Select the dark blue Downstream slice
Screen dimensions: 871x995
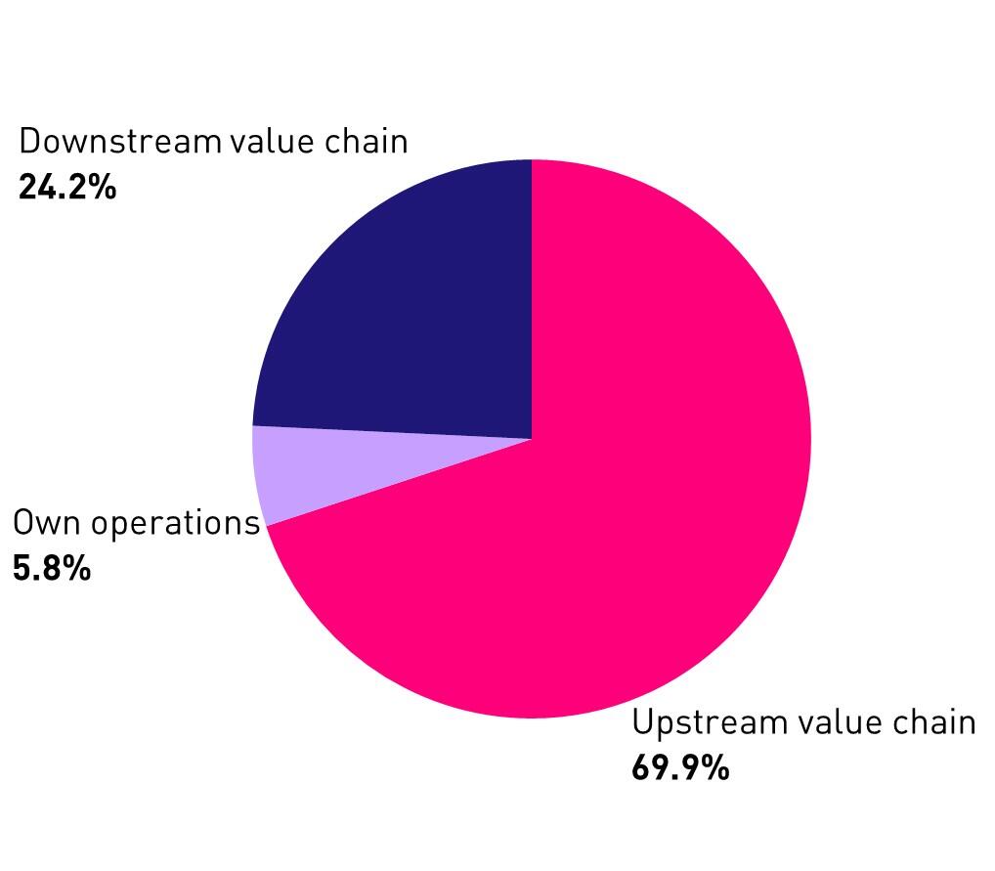pos(411,313)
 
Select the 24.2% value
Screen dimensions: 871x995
pos(67,187)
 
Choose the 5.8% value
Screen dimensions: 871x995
pos(52,568)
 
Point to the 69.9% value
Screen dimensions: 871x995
pos(680,768)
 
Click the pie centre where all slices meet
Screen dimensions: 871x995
pos(532,439)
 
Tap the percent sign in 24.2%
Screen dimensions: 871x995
pos(104,187)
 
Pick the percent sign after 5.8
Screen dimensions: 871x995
pos(78,568)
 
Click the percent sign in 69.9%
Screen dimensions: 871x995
pos(716,768)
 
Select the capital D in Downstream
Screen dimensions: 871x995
pos(29,142)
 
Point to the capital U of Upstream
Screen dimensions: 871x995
pos(642,723)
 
